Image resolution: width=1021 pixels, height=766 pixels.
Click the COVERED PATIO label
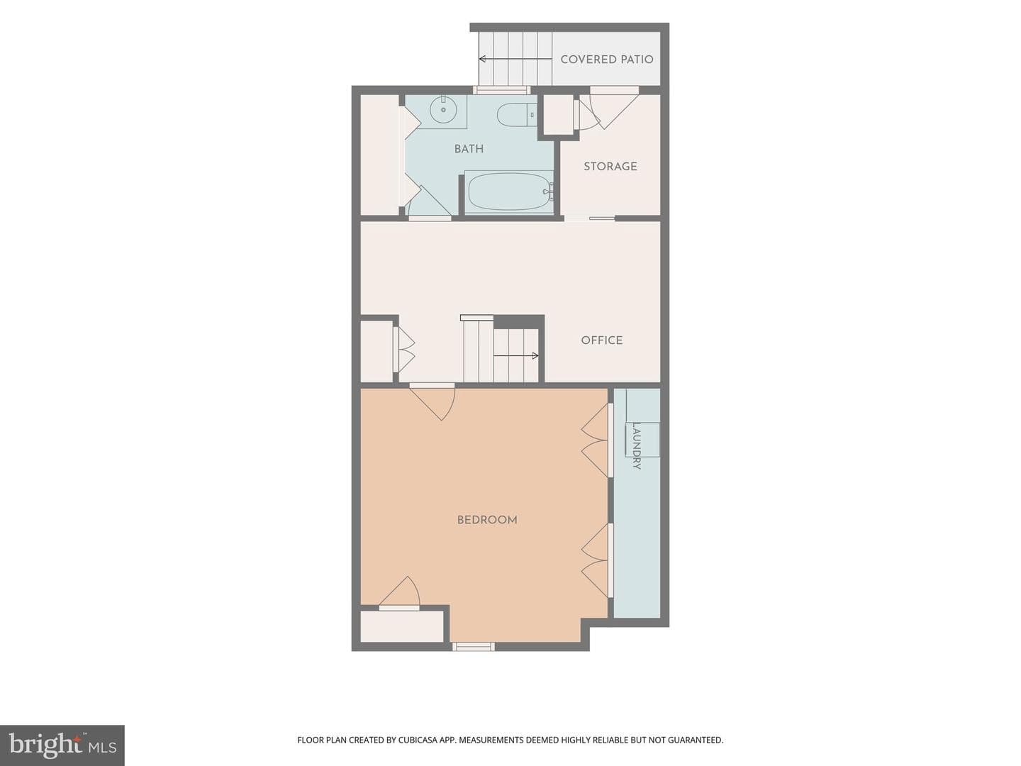coord(606,60)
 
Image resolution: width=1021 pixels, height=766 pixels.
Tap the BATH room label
coord(469,149)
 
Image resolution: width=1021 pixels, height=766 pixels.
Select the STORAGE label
coord(610,166)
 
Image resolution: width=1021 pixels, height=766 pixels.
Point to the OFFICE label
coord(601,340)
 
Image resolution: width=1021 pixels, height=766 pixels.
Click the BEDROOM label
coord(487,519)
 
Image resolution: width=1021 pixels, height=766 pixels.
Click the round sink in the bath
coord(443,110)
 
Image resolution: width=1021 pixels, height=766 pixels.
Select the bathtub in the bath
coord(509,192)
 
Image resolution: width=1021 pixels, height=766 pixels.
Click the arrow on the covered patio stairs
coord(515,59)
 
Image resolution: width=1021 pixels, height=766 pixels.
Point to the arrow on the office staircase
coord(515,356)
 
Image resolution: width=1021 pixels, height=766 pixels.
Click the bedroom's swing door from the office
coord(432,402)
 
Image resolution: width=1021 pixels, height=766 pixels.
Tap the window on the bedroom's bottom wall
coord(474,646)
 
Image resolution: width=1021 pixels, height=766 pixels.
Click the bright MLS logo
coord(62,745)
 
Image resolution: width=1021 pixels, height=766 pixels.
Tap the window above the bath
coord(502,90)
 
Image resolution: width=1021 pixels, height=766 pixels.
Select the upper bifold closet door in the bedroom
coord(596,440)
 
